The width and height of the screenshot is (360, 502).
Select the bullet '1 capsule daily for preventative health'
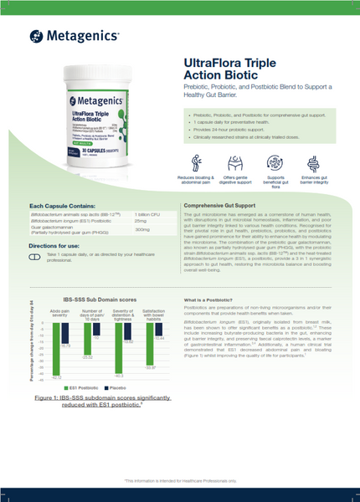(232, 121)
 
